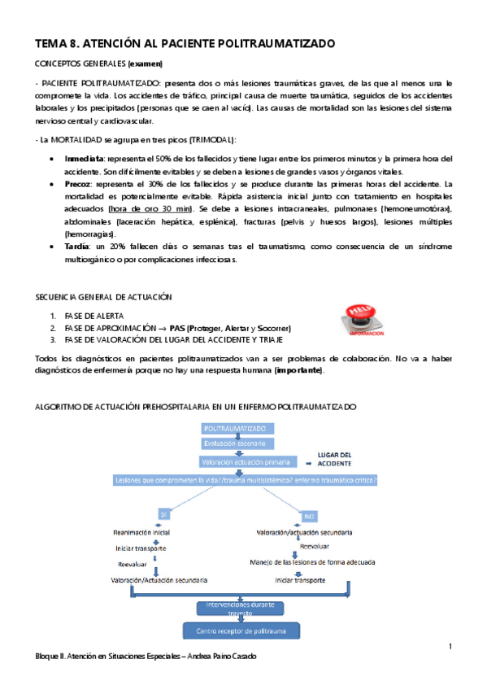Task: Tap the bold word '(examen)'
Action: coord(145,63)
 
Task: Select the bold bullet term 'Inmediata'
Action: coord(84,158)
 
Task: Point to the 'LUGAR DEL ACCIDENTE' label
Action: coord(334,459)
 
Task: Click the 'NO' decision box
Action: coord(310,516)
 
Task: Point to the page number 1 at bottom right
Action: coord(450,646)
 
